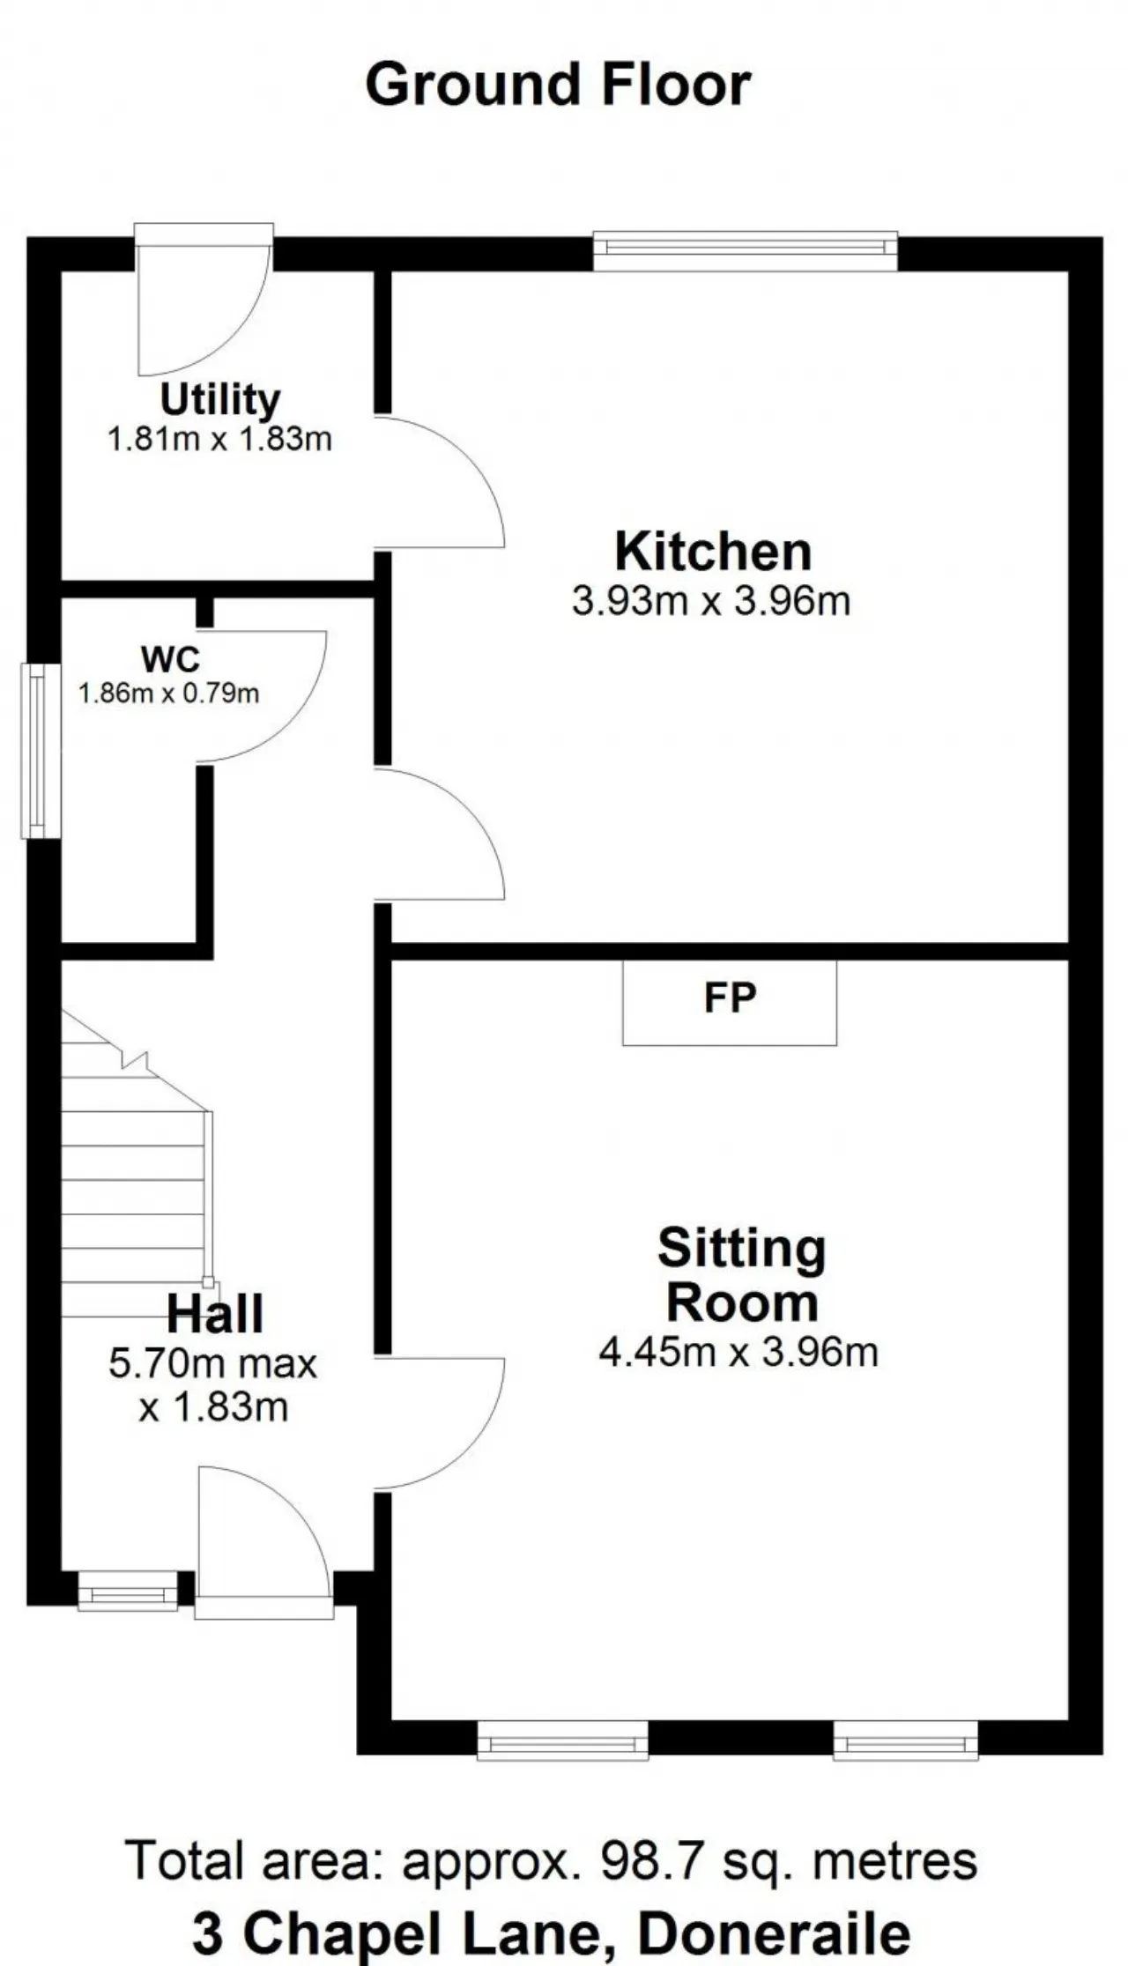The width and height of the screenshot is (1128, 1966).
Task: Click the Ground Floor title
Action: tap(558, 85)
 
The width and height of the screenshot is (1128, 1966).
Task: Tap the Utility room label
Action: tap(220, 400)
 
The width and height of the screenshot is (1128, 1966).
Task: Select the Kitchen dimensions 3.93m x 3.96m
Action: tap(711, 601)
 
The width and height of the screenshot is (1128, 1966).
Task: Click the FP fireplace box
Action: tap(730, 1002)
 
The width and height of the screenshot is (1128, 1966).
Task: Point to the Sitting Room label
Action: tap(742, 1275)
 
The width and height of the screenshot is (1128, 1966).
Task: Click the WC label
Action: tap(170, 658)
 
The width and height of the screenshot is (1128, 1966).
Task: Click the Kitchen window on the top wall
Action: tap(746, 249)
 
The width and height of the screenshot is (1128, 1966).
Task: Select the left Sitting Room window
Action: tap(562, 1741)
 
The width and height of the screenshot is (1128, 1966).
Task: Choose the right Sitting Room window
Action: tap(906, 1741)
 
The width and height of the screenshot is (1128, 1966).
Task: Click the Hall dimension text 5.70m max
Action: tap(212, 1363)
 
